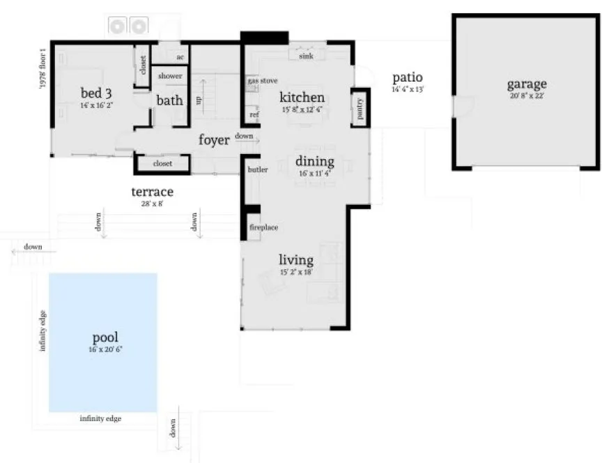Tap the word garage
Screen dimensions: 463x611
click(526, 84)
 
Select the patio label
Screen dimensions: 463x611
click(407, 77)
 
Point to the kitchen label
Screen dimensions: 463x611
click(302, 97)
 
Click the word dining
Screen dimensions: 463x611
click(315, 162)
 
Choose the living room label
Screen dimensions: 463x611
click(295, 260)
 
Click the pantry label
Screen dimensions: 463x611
click(360, 109)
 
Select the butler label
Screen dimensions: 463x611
click(257, 169)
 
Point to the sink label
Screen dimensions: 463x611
click(305, 55)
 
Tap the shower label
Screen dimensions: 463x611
click(170, 76)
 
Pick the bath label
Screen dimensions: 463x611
click(169, 100)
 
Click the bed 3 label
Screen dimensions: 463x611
click(95, 93)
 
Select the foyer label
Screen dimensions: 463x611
click(214, 139)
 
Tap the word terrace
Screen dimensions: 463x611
click(153, 191)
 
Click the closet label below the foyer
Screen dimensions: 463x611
click(162, 164)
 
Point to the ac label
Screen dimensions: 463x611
click(180, 57)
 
